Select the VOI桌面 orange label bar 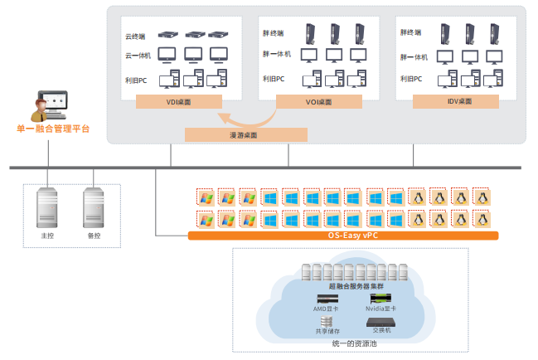click(x=317, y=102)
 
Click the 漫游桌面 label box click(x=245, y=134)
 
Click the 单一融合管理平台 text click(x=53, y=129)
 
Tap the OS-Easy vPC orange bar click(x=343, y=236)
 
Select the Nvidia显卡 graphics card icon click(x=380, y=298)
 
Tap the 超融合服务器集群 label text click(x=356, y=285)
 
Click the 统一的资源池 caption click(x=356, y=343)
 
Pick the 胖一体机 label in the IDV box click(x=414, y=56)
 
